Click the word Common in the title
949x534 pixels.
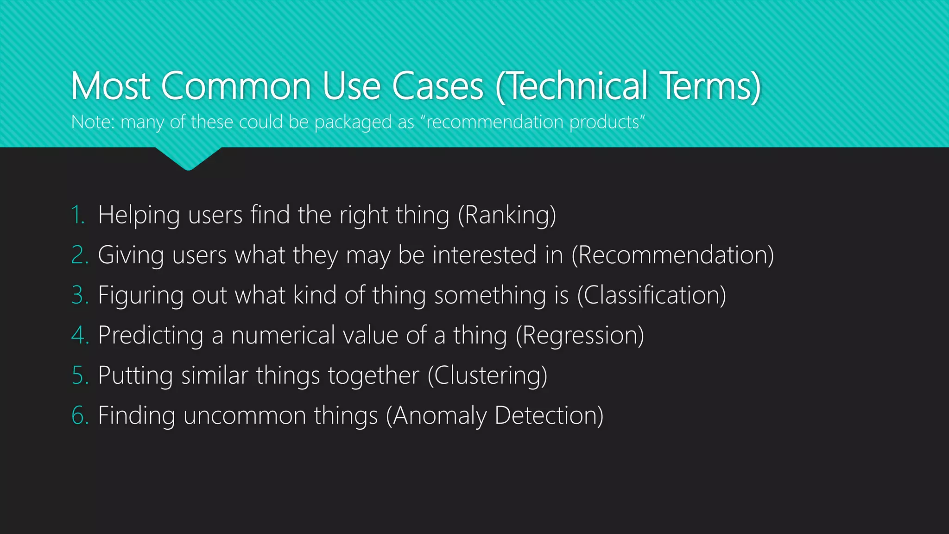pyautogui.click(x=236, y=86)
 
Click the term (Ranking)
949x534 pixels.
pyautogui.click(x=507, y=216)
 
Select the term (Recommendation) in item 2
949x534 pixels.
pyautogui.click(x=672, y=255)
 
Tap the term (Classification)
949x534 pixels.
pyautogui.click(x=652, y=295)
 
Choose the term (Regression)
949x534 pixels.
pyautogui.click(x=580, y=335)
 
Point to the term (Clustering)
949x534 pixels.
pyautogui.click(x=487, y=375)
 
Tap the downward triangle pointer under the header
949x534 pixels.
pyautogui.click(x=188, y=158)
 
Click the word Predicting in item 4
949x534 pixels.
pyautogui.click(x=151, y=335)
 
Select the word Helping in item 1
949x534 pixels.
pyautogui.click(x=139, y=216)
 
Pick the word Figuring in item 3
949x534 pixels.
pyautogui.click(x=141, y=296)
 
